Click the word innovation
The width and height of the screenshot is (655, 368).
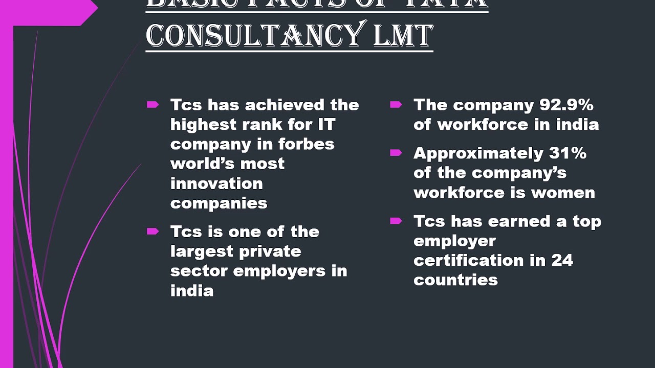coord(216,183)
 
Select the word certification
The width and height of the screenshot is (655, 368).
coord(469,260)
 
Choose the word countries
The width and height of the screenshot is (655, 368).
coord(455,280)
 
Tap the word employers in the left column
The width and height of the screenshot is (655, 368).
coord(279,271)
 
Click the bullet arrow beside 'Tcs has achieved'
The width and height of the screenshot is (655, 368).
coord(152,105)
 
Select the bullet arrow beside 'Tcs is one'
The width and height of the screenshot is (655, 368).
coord(152,232)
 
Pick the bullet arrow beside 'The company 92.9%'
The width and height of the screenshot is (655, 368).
coord(396,105)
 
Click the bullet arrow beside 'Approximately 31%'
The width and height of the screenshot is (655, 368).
coord(396,153)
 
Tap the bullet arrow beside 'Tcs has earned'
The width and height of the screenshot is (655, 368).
coord(396,221)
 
